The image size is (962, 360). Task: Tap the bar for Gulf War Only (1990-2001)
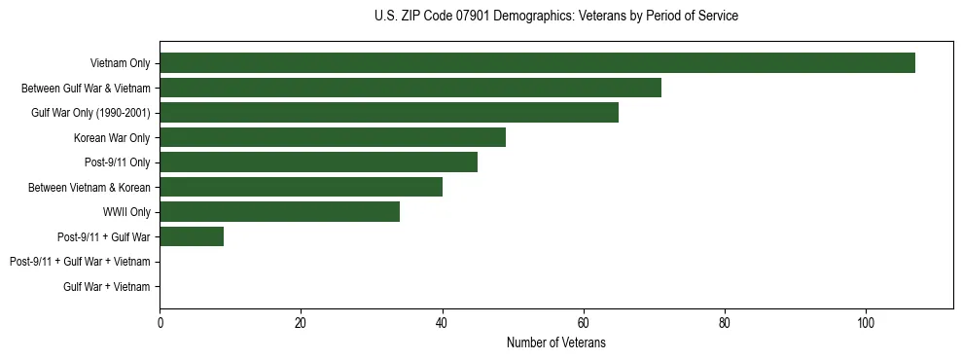tap(389, 112)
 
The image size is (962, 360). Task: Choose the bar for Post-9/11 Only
tap(318, 162)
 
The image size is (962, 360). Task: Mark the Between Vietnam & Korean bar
tap(301, 187)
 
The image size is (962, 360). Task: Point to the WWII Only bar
tap(279, 211)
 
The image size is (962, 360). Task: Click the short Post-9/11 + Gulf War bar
tap(192, 236)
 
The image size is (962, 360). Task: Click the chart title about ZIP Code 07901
tap(555, 17)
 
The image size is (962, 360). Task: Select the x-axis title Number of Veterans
tap(555, 342)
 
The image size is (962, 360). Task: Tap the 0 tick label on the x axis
tap(160, 323)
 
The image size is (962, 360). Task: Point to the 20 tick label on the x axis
tap(301, 323)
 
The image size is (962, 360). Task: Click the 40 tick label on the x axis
tap(443, 323)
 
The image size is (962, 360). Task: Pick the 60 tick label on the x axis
tap(584, 323)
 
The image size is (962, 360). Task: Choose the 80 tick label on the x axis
tap(725, 323)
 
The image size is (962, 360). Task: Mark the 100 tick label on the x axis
tap(866, 323)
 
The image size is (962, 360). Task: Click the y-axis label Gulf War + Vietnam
tap(107, 286)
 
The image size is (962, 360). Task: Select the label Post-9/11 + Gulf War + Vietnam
tap(80, 262)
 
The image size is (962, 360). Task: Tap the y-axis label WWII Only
tap(126, 211)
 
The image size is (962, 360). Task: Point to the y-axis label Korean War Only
tap(112, 137)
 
